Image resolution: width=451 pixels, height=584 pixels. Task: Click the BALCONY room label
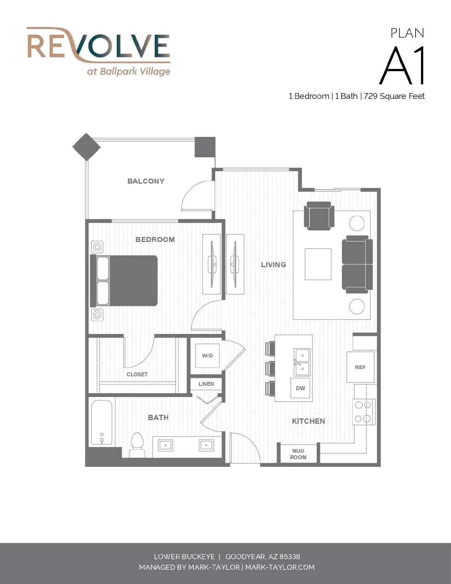[146, 181]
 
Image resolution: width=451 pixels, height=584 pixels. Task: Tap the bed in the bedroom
[124, 281]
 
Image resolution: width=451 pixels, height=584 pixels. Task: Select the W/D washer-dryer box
[207, 356]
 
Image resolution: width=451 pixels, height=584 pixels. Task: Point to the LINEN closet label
[206, 384]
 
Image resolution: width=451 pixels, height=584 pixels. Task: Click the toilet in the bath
[138, 445]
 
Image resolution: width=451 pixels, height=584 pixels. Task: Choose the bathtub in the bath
[101, 422]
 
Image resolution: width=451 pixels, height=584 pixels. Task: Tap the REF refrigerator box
[360, 367]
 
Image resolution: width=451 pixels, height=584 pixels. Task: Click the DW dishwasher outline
[300, 388]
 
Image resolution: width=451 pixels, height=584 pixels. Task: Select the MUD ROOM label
[298, 454]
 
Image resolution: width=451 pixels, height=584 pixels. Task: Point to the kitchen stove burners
[363, 412]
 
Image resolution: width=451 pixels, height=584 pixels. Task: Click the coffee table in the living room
[318, 265]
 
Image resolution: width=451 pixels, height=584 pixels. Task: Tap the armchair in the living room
[319, 216]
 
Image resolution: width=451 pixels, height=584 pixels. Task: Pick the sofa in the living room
[357, 265]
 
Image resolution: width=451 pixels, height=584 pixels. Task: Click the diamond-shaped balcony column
[86, 147]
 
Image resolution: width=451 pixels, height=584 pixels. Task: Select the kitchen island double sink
[302, 362]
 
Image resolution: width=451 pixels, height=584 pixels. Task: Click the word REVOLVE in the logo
[98, 46]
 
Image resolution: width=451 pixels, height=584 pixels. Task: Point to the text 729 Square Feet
[394, 96]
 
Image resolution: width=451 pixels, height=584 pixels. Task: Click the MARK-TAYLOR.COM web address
[280, 567]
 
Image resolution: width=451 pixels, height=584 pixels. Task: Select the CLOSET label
[137, 374]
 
